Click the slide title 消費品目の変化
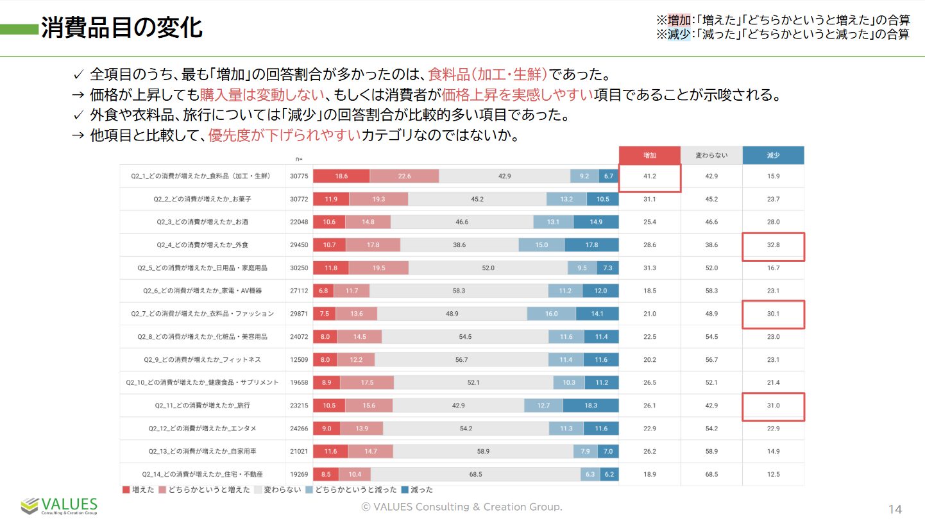tap(122, 28)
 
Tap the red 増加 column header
tap(649, 155)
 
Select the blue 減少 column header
tap(773, 155)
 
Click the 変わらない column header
tap(711, 155)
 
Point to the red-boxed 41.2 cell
tap(649, 176)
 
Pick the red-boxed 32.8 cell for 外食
tap(773, 245)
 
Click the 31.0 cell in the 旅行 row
tap(773, 406)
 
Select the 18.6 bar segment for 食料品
tap(341, 176)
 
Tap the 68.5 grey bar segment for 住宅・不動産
tap(475, 475)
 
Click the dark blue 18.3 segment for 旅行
tap(591, 406)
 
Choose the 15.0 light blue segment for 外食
tap(541, 245)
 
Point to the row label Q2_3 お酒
tap(203, 222)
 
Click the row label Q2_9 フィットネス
tap(203, 360)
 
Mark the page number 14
tap(895, 509)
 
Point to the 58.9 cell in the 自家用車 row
tap(711, 452)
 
